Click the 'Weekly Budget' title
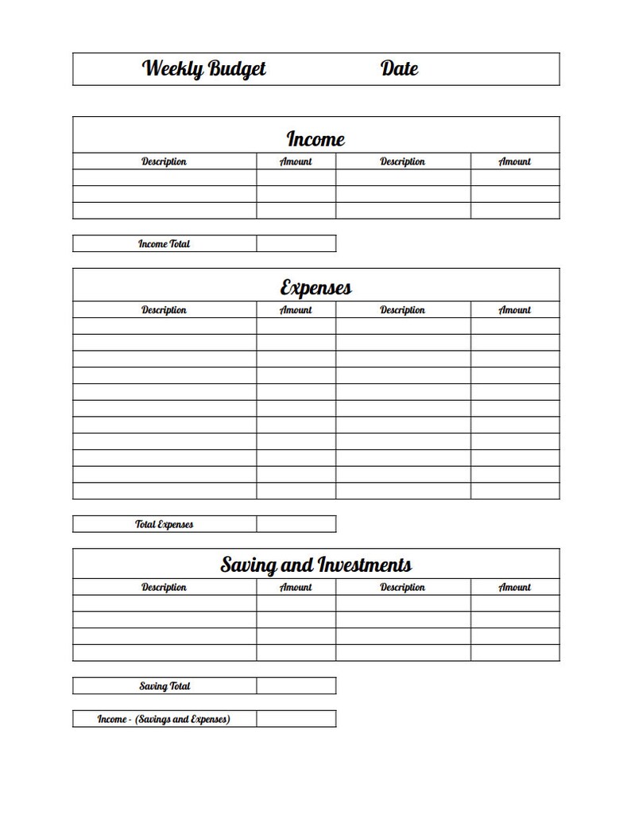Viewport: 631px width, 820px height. tap(204, 69)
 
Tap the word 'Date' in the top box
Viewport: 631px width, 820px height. tap(399, 69)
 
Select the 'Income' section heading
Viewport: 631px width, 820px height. tap(315, 139)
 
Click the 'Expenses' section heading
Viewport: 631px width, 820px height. tap(315, 287)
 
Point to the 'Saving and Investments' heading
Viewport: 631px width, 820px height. tap(315, 565)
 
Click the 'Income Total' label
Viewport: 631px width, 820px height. tap(165, 244)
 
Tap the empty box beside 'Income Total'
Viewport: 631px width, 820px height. tap(296, 243)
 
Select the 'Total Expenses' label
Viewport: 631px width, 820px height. tap(165, 524)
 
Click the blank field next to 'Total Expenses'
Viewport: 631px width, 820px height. tap(296, 524)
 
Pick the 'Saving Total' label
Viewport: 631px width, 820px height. tap(165, 686)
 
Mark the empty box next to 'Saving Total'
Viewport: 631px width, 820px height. tap(296, 686)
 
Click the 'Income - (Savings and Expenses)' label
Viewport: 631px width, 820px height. tap(164, 719)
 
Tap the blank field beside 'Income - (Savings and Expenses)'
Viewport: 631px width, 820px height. tap(296, 719)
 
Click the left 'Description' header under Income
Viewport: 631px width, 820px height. tap(164, 161)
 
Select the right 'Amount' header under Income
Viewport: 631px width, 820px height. tap(514, 161)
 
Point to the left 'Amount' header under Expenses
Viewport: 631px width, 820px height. tap(296, 310)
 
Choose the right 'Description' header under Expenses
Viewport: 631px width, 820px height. tap(402, 310)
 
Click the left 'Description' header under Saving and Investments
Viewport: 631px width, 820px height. tap(164, 587)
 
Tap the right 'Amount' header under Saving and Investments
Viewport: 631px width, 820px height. tap(514, 587)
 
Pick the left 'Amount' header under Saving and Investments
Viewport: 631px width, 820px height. tap(296, 587)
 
